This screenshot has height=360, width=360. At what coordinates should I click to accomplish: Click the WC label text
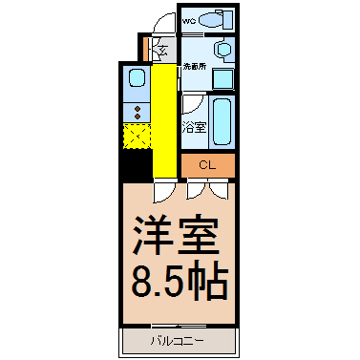click(188, 22)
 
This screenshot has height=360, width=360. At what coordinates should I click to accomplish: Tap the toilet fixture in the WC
click(216, 19)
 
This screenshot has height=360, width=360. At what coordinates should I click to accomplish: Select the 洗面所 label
click(195, 67)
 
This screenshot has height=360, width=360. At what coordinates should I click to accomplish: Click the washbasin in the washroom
click(225, 50)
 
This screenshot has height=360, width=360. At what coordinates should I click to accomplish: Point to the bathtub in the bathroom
click(222, 121)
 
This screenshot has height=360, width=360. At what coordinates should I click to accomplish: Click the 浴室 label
click(194, 127)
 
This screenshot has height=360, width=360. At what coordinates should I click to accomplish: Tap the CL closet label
click(207, 165)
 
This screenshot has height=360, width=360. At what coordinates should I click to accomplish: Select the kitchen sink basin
click(137, 78)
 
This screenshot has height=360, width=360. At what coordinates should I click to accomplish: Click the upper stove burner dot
click(138, 109)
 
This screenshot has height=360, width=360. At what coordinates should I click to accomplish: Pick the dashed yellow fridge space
click(137, 137)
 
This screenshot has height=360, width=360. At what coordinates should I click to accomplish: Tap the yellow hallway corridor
click(164, 120)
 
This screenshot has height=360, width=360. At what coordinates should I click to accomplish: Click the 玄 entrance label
click(163, 51)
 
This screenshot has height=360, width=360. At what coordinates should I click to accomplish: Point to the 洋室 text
click(176, 236)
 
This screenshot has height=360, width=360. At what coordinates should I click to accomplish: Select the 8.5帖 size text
click(180, 282)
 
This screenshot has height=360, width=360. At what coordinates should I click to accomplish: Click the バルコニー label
click(177, 342)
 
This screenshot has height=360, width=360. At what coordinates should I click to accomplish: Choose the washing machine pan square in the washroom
click(223, 78)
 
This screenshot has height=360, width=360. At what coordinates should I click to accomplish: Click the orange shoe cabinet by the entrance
click(146, 50)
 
